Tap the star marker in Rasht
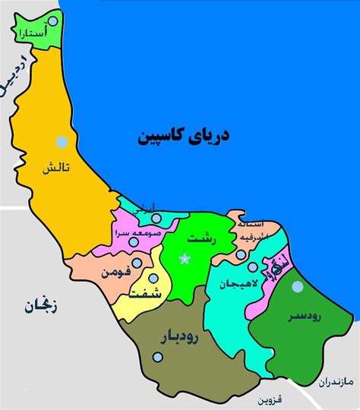(x=184, y=259)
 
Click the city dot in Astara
(x=52, y=21)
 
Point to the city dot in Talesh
(x=60, y=140)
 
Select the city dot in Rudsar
(x=298, y=286)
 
